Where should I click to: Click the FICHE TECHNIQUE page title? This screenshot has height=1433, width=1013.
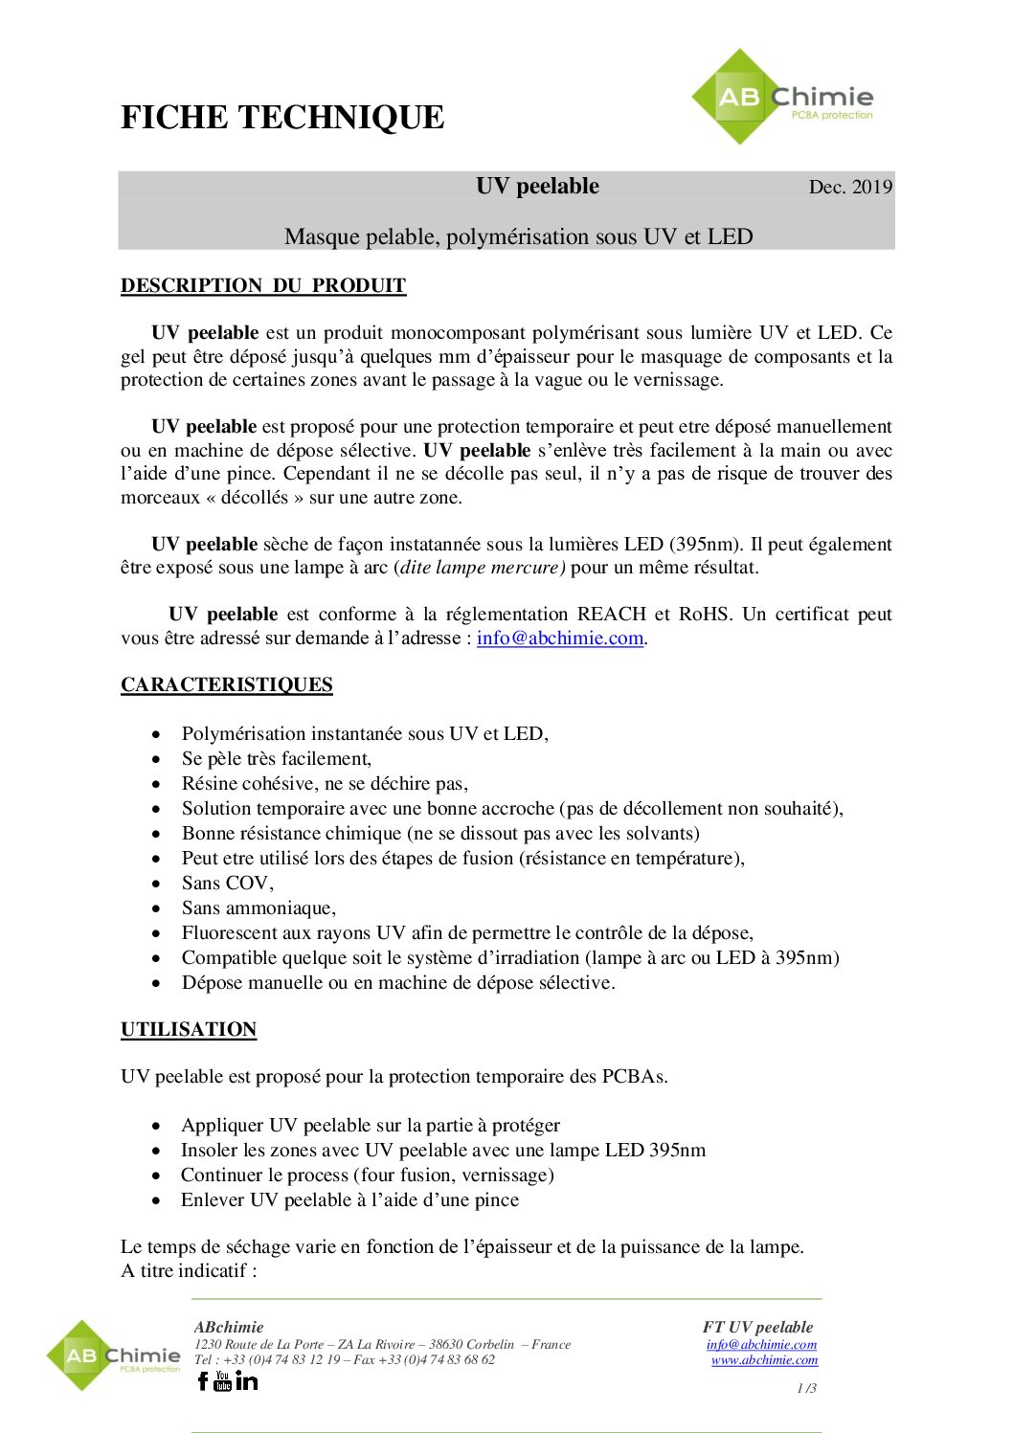(282, 118)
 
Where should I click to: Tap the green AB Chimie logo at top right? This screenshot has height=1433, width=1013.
(782, 98)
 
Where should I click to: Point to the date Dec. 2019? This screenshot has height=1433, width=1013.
(850, 187)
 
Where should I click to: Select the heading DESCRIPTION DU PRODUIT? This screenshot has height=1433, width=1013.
(263, 285)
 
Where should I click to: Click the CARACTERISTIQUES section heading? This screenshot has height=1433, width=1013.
(227, 684)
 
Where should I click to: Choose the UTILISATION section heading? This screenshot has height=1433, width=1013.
(189, 1029)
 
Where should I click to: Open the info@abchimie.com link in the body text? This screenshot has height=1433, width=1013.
(560, 638)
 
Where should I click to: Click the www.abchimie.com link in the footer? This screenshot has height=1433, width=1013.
(764, 1359)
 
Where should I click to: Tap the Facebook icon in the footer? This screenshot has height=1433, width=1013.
(203, 1380)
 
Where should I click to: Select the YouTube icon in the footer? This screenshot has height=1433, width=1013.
(223, 1380)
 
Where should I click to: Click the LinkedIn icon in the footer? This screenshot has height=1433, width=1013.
(247, 1380)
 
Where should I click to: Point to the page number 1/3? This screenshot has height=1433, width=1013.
(806, 1388)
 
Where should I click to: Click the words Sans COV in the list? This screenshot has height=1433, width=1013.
(226, 883)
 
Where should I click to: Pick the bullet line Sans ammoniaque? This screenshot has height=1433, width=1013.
(259, 907)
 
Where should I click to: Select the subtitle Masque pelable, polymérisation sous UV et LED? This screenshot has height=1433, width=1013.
(518, 236)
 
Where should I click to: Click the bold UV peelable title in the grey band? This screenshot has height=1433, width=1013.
(537, 186)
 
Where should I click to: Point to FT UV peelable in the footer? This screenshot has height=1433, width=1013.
(757, 1327)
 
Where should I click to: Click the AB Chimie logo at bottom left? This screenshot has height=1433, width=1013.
(113, 1355)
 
